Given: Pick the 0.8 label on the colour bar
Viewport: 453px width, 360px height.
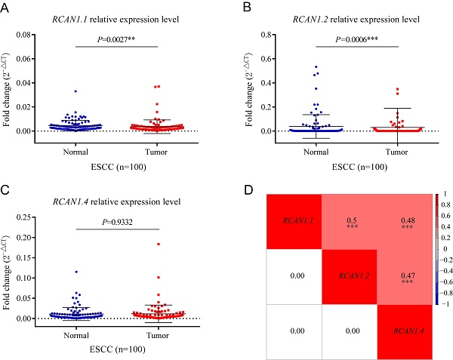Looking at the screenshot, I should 446,205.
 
